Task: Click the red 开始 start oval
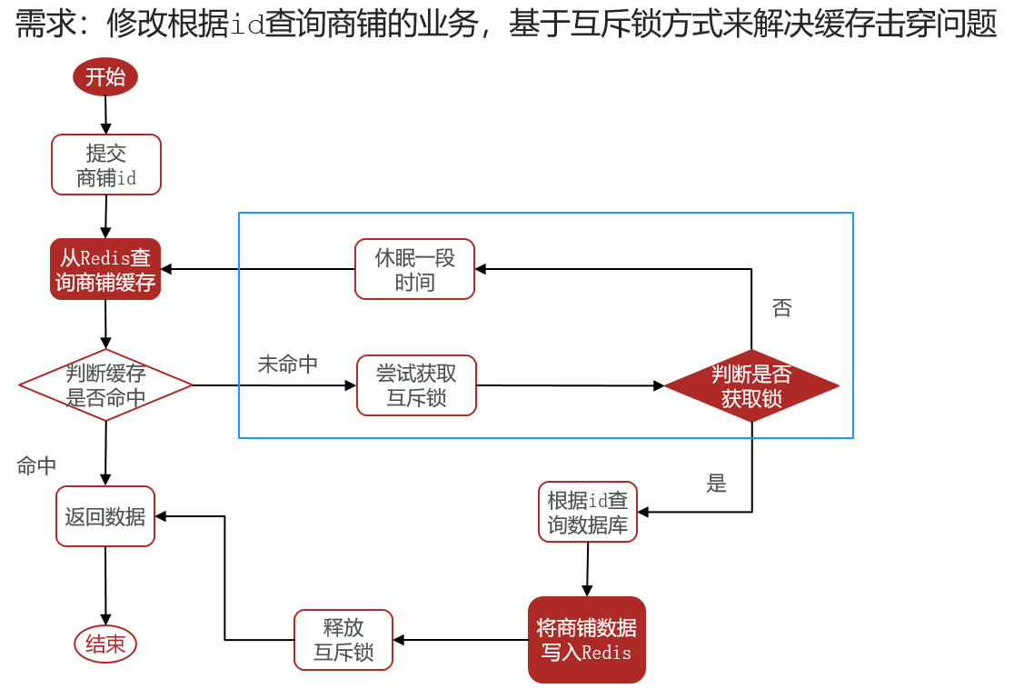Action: pyautogui.click(x=105, y=77)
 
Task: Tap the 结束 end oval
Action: pyautogui.click(x=105, y=644)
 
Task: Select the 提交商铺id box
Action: pyautogui.click(x=106, y=165)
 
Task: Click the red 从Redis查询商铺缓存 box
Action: pyautogui.click(x=105, y=269)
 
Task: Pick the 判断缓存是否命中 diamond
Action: pyautogui.click(x=105, y=385)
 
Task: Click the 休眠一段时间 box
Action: pyautogui.click(x=414, y=269)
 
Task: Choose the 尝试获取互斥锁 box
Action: pyautogui.click(x=416, y=385)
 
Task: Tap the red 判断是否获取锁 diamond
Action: pyautogui.click(x=751, y=385)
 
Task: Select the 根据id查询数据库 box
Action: pyautogui.click(x=588, y=512)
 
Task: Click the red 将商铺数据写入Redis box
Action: pyautogui.click(x=587, y=639)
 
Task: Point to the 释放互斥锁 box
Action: pyautogui.click(x=343, y=639)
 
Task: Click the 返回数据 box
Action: pyautogui.click(x=105, y=516)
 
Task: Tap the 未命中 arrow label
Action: pyautogui.click(x=288, y=364)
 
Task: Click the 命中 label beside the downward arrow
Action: pyautogui.click(x=37, y=465)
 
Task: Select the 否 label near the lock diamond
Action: pyautogui.click(x=781, y=308)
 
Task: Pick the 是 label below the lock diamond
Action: pyautogui.click(x=717, y=483)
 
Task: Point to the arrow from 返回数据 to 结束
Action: pyautogui.click(x=105, y=585)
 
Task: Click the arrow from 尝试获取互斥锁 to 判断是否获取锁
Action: pyautogui.click(x=571, y=385)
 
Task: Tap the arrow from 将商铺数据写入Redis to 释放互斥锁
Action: pyautogui.click(x=461, y=640)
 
